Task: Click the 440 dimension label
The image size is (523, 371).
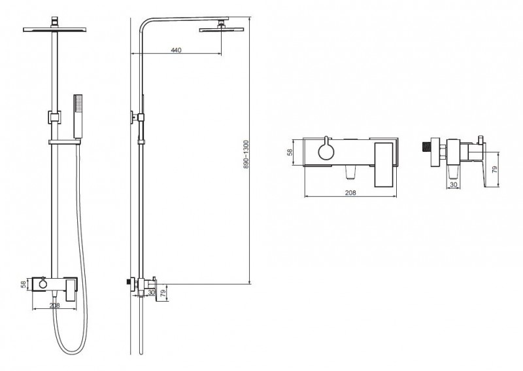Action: coord(176,50)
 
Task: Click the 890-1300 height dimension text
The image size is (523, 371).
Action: coord(246,154)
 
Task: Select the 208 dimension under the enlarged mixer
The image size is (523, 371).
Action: coord(350,192)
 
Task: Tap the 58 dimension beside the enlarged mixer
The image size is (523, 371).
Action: coord(290,152)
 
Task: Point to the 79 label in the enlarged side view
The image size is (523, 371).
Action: coord(495,169)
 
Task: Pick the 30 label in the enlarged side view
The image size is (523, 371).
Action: coord(454,185)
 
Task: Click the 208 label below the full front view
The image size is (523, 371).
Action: coord(54,306)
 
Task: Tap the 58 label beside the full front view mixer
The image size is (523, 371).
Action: coord(24,285)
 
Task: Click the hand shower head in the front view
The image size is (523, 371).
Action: coord(78,116)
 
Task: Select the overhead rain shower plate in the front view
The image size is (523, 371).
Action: coord(55,29)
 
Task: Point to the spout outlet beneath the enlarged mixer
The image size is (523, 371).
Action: coord(350,173)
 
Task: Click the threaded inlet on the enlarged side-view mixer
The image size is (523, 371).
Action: coord(426,147)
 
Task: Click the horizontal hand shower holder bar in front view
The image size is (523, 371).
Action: coord(65,142)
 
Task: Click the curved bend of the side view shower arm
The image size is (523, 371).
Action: coord(144,24)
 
